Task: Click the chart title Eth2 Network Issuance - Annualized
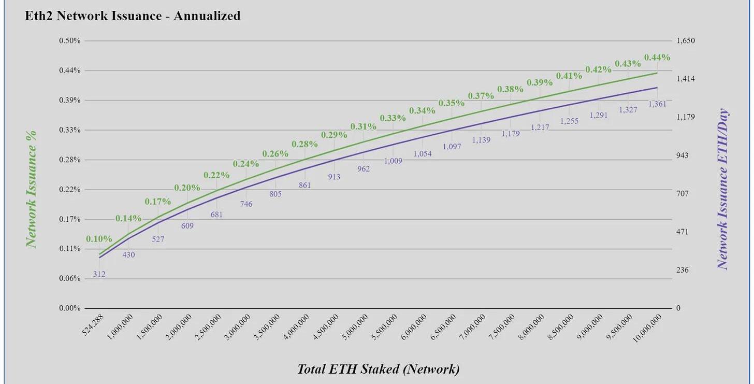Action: [133, 16]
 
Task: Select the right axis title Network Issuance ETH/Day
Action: [722, 189]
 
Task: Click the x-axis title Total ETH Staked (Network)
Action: [378, 369]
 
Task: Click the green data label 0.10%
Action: [99, 239]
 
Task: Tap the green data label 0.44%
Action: [657, 58]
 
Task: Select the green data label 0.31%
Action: [364, 126]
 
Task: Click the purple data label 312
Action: [99, 274]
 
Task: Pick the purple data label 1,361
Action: [657, 104]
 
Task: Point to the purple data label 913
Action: [334, 177]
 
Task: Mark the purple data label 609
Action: [187, 226]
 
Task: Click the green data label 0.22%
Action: [216, 175]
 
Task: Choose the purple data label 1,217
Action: [540, 127]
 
